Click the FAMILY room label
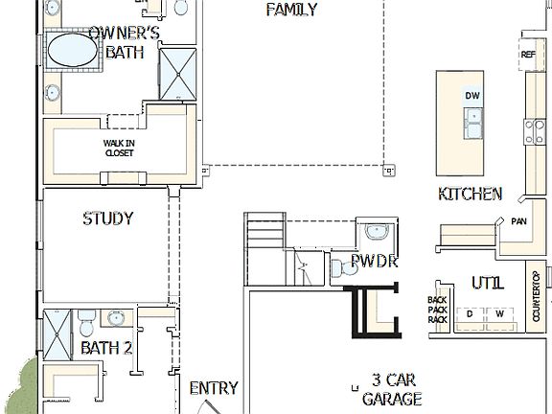[x=291, y=10]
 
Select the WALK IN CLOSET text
[x=119, y=148]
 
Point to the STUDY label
[x=107, y=218]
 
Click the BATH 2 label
[x=105, y=348]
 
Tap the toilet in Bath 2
[x=85, y=317]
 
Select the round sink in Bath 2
[x=117, y=318]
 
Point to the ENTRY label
[x=213, y=388]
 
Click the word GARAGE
[x=391, y=399]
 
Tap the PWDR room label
[x=374, y=261]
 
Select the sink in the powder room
[x=377, y=231]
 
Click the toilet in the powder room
[x=339, y=269]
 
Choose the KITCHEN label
[x=470, y=194]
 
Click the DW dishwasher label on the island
[x=472, y=96]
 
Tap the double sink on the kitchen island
[x=472, y=122]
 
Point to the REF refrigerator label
[x=528, y=56]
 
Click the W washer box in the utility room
[x=499, y=314]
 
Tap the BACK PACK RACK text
[x=438, y=310]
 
